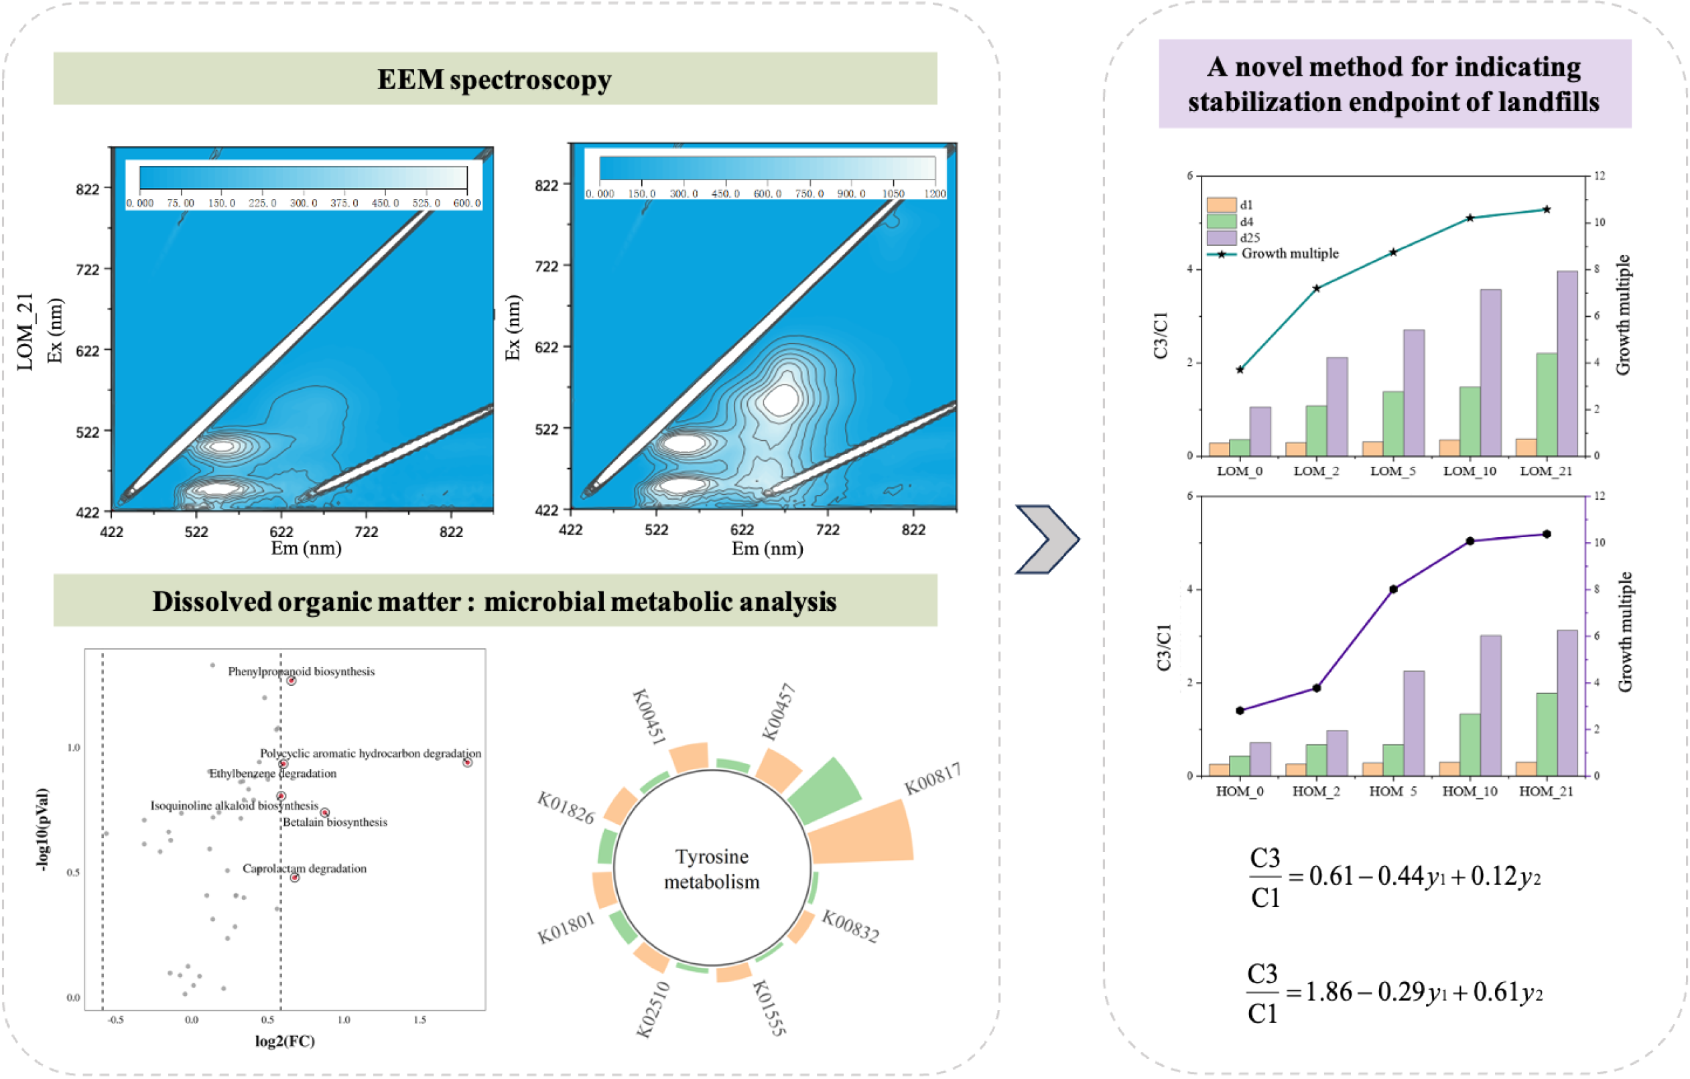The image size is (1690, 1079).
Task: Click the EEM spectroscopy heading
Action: pyautogui.click(x=494, y=79)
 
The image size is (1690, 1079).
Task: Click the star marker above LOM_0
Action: pyautogui.click(x=1240, y=370)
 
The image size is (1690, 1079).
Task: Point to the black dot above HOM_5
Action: pyautogui.click(x=1393, y=589)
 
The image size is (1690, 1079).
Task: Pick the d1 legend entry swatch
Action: pyautogui.click(x=1221, y=205)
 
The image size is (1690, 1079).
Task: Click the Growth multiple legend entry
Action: pyautogui.click(x=1290, y=254)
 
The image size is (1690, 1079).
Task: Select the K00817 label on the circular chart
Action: pyautogui.click(x=932, y=779)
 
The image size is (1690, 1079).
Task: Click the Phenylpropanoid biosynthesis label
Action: pyautogui.click(x=301, y=671)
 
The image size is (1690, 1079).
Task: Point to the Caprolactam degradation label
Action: pyautogui.click(x=305, y=869)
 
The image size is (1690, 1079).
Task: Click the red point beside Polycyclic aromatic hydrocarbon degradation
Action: pyautogui.click(x=468, y=763)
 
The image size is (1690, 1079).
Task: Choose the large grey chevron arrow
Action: pyautogui.click(x=1047, y=538)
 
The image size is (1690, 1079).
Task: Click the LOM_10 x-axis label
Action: pyautogui.click(x=1470, y=472)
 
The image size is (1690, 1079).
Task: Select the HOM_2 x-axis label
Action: pyautogui.click(x=1316, y=792)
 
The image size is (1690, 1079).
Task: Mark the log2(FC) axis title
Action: pyautogui.click(x=285, y=1040)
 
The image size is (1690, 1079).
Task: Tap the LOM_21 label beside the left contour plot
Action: pyautogui.click(x=25, y=332)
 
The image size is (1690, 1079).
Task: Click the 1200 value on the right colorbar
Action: pyautogui.click(x=935, y=194)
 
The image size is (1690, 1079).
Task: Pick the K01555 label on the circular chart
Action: pyautogui.click(x=769, y=1008)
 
